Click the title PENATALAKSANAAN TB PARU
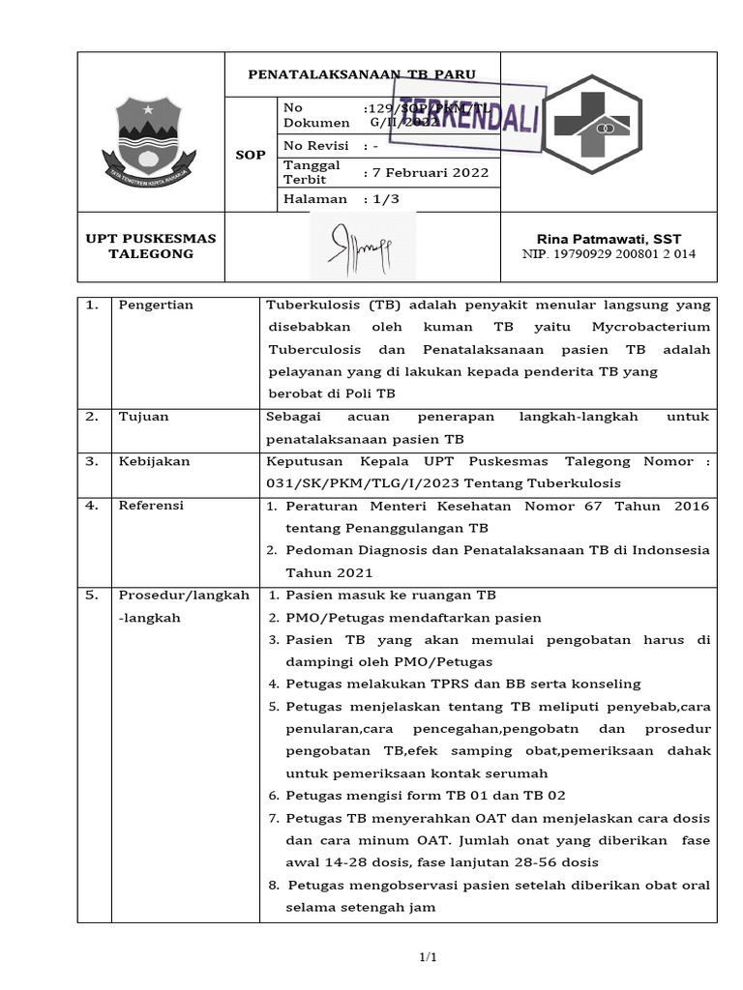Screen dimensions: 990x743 [x=362, y=74]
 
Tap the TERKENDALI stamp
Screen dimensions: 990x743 [x=468, y=117]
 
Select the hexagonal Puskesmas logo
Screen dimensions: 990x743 [x=606, y=124]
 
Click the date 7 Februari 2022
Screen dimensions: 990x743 [x=426, y=173]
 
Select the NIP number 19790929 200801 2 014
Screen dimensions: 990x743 [x=609, y=254]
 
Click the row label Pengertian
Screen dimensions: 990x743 [x=156, y=306]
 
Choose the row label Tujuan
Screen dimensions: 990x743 [x=144, y=417]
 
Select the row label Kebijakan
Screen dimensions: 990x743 [x=154, y=461]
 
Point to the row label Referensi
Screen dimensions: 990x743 [x=151, y=506]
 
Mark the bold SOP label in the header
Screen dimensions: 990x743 [x=251, y=155]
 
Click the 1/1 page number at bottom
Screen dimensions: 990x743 [x=428, y=957]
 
